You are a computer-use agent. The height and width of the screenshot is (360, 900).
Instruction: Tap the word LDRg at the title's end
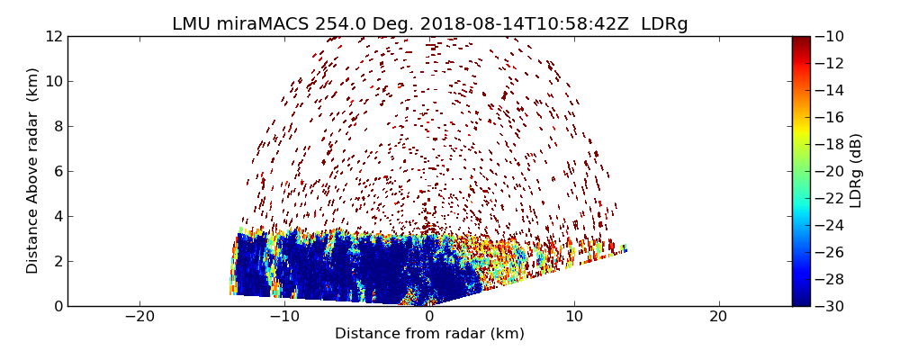pos(664,24)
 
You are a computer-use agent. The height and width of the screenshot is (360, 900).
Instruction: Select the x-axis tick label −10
pos(283,317)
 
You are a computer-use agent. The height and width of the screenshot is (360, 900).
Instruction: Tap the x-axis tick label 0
pos(429,317)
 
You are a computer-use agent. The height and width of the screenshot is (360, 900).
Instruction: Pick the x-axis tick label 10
pos(574,317)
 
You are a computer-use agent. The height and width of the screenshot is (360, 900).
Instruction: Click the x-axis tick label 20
pos(718,317)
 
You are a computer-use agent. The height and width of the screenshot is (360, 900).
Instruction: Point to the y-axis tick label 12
pos(53,36)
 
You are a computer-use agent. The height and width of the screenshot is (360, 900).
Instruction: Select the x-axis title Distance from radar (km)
pos(429,334)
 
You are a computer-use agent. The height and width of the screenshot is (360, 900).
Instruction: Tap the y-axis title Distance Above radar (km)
pos(33,171)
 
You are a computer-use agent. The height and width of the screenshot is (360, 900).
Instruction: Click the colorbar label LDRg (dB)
pos(856,171)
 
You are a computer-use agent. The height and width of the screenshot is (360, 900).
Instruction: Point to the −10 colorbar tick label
pos(831,36)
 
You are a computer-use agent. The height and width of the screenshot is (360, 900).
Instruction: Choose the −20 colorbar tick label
pos(831,171)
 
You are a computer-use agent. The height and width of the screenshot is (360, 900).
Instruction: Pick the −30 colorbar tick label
pos(831,306)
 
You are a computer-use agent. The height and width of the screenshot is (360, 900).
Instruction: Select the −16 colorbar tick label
pos(831,117)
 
